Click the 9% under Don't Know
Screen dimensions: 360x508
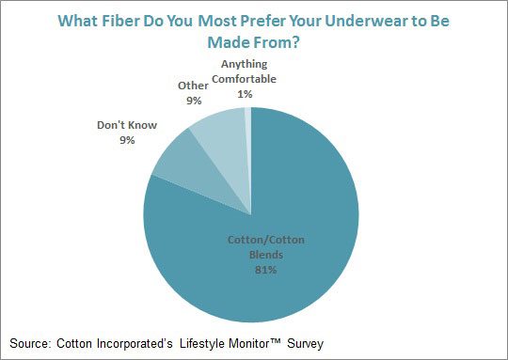[127, 140]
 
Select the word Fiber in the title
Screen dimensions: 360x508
[135, 21]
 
